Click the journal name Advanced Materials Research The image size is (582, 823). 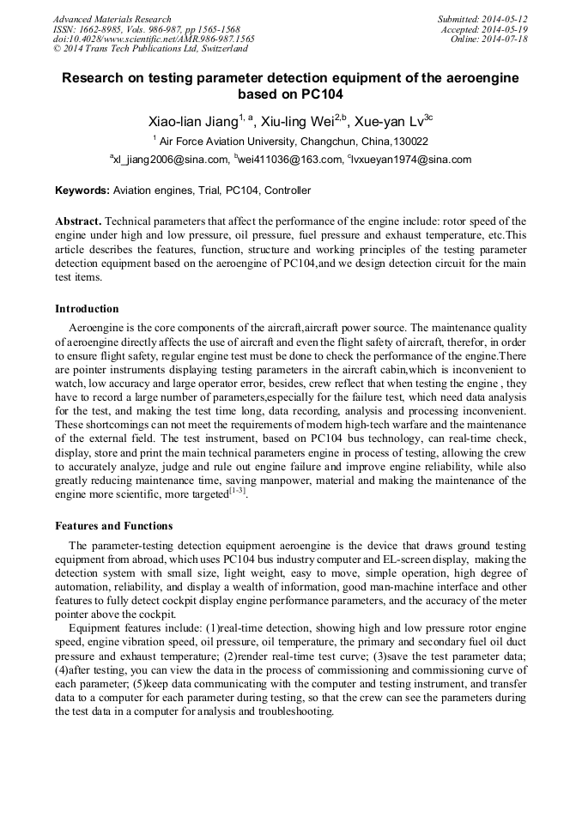(x=112, y=19)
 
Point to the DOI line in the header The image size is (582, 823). (x=153, y=39)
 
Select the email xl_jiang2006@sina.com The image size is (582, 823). (x=171, y=160)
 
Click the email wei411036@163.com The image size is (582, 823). (x=289, y=160)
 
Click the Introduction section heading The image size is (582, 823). (x=87, y=309)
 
